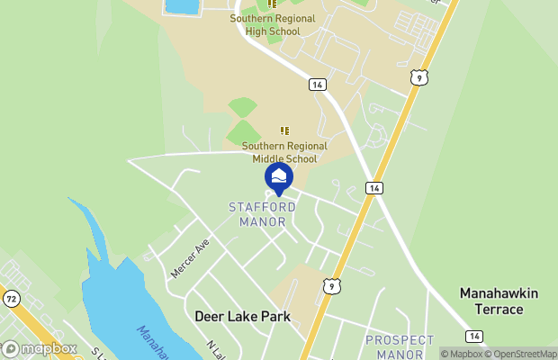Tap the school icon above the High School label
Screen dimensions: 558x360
pos(272,4)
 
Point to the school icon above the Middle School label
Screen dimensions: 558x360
pos(284,131)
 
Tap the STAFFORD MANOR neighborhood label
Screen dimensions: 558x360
pos(256,214)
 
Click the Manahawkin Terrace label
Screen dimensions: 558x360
pos(491,301)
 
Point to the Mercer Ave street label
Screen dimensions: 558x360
pos(190,257)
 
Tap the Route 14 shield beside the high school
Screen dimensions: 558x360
pos(317,84)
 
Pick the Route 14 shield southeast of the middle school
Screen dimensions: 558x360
pos(373,187)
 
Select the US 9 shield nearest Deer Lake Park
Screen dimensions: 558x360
pos(332,285)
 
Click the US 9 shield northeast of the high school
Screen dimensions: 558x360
pos(418,79)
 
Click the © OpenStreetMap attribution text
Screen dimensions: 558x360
pos(521,354)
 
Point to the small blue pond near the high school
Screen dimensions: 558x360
pos(183,6)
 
